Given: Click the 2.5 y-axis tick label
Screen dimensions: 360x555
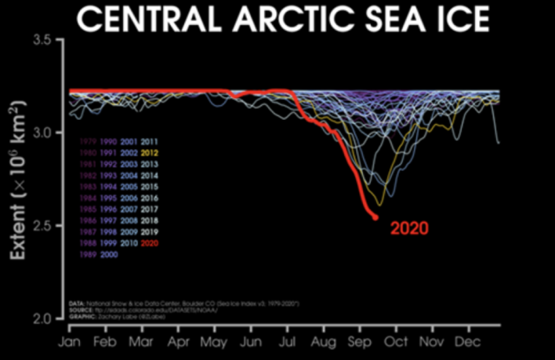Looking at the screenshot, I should point(48,226).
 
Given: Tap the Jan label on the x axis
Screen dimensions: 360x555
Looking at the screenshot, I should point(68,344).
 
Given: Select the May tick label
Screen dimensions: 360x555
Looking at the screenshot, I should point(214,344).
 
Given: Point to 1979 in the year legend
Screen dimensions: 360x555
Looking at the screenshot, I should point(86,141).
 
